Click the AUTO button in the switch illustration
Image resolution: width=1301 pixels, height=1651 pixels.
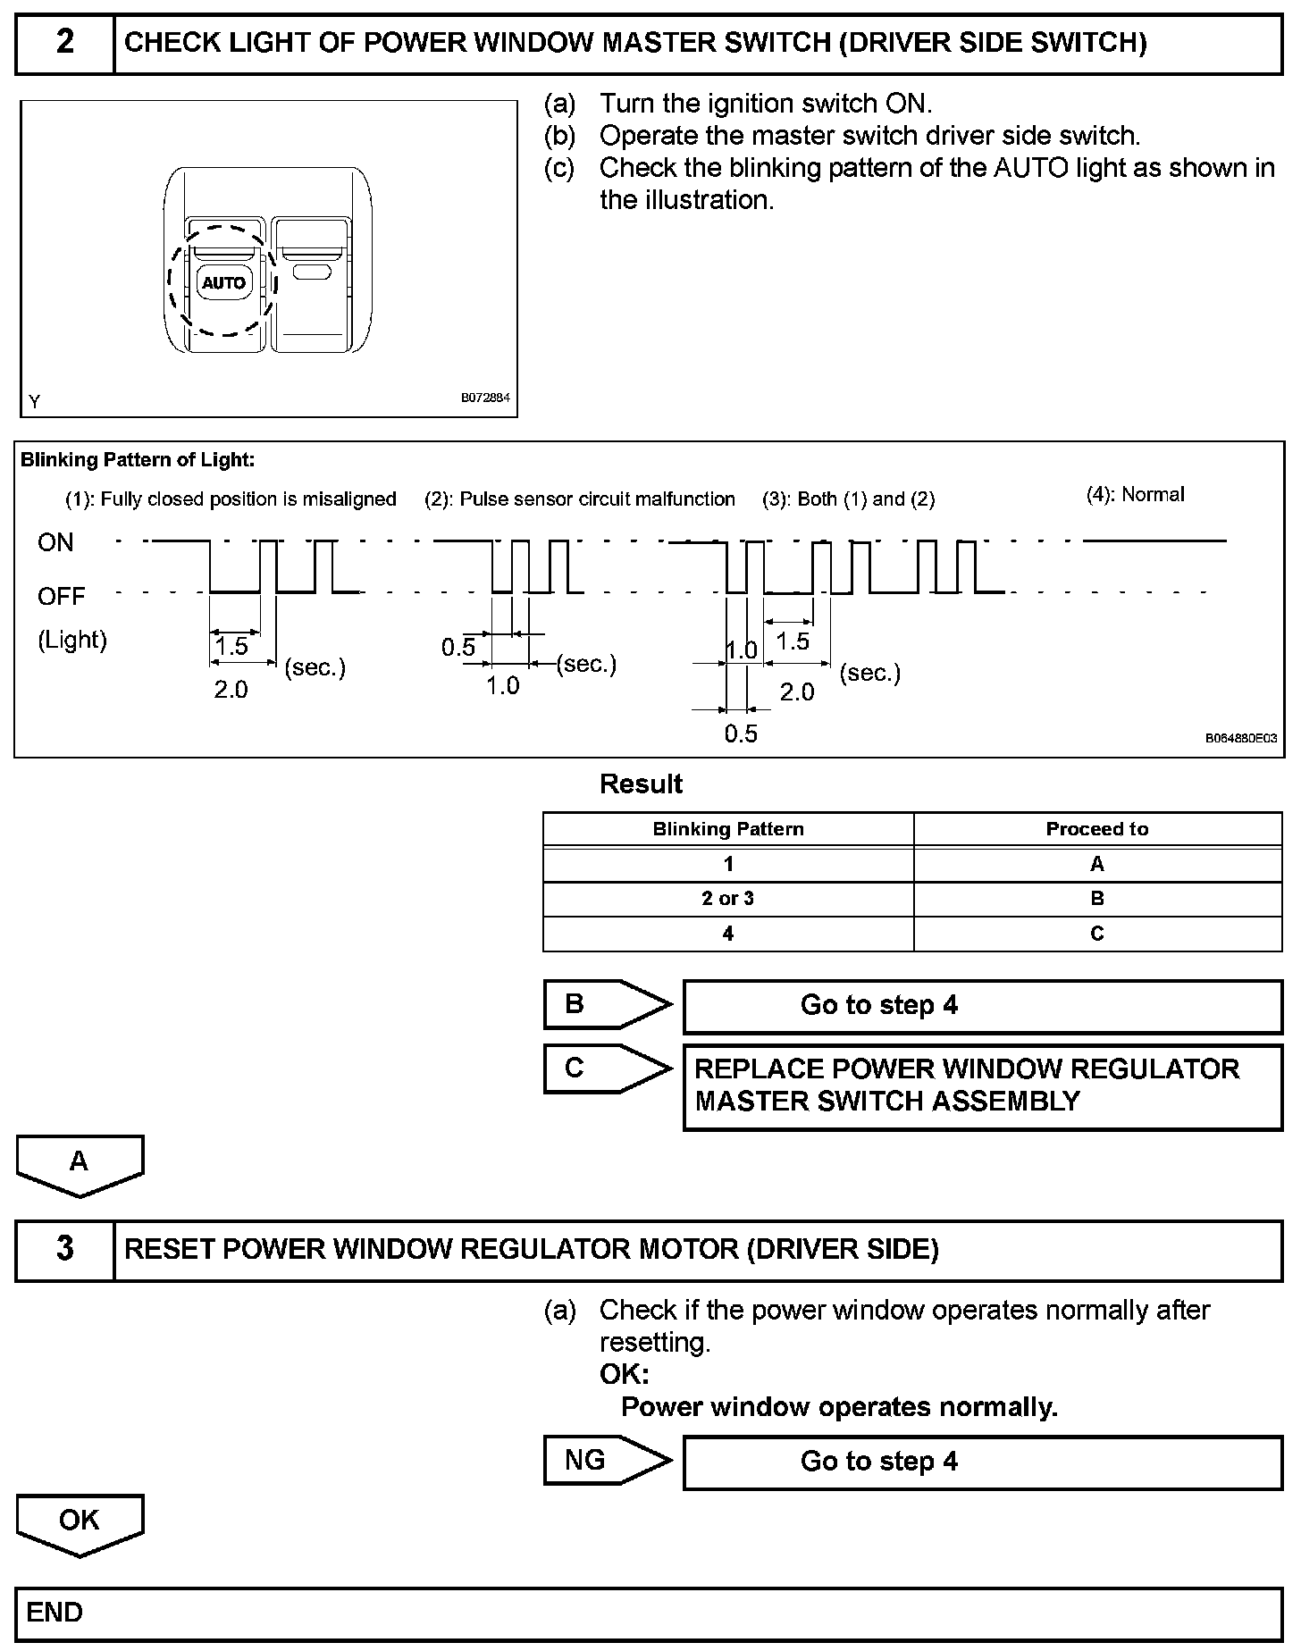223,283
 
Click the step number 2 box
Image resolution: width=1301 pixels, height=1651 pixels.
65,43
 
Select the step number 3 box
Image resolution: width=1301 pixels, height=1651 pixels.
65,1249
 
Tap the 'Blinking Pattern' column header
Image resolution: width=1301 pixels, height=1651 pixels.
727,829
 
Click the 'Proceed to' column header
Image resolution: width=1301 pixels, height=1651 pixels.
1096,829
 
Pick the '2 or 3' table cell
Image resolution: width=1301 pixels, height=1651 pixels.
727,899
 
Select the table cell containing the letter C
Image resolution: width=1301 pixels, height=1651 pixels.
1096,934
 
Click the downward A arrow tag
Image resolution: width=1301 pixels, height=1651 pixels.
80,1164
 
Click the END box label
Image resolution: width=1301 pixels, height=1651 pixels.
55,1613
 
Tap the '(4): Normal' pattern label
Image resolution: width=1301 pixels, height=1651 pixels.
1135,495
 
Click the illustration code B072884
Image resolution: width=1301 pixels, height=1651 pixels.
485,398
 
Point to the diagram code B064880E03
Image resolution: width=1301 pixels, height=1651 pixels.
1240,739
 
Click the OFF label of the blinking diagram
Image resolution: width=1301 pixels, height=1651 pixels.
61,596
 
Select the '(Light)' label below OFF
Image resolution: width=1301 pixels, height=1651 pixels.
72,640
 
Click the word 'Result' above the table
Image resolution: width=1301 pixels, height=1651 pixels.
641,784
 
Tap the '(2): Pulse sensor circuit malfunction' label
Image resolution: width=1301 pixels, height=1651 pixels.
579,499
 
